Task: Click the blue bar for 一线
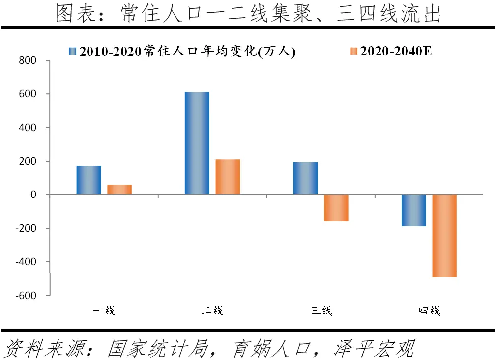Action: [x=88, y=180]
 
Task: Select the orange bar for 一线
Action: [x=119, y=190]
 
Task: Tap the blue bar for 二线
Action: [x=197, y=143]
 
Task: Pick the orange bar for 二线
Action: [x=228, y=177]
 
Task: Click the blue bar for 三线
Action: [x=305, y=178]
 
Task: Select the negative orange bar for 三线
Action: [x=336, y=208]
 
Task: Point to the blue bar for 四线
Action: [x=413, y=210]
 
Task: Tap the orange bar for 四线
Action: [x=444, y=236]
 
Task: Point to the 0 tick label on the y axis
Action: [x=33, y=195]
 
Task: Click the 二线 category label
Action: [x=212, y=311]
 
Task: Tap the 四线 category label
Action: [x=429, y=311]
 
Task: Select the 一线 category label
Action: [x=104, y=311]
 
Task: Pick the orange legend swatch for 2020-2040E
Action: [x=353, y=51]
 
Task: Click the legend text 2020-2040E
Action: [x=396, y=51]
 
